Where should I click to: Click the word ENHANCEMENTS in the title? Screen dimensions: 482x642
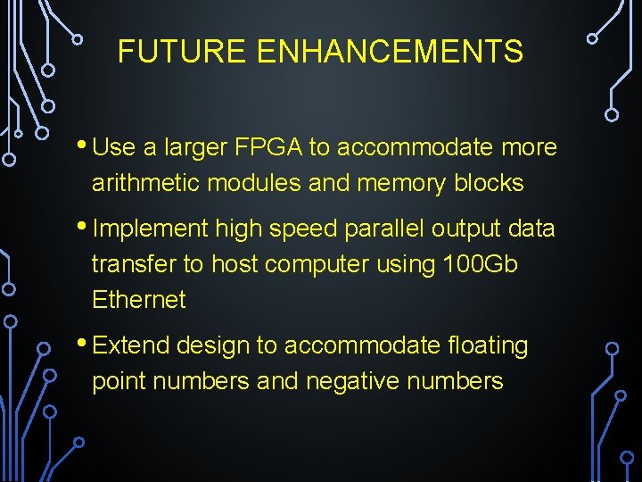(x=390, y=52)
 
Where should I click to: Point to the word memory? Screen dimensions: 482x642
(x=400, y=183)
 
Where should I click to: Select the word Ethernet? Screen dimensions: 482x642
(x=138, y=300)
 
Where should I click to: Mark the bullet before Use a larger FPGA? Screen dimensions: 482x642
(x=83, y=145)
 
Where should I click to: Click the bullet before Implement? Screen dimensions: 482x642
(x=83, y=227)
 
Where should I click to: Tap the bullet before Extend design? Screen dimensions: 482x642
(x=83, y=343)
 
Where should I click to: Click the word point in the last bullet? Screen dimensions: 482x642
(x=119, y=382)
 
